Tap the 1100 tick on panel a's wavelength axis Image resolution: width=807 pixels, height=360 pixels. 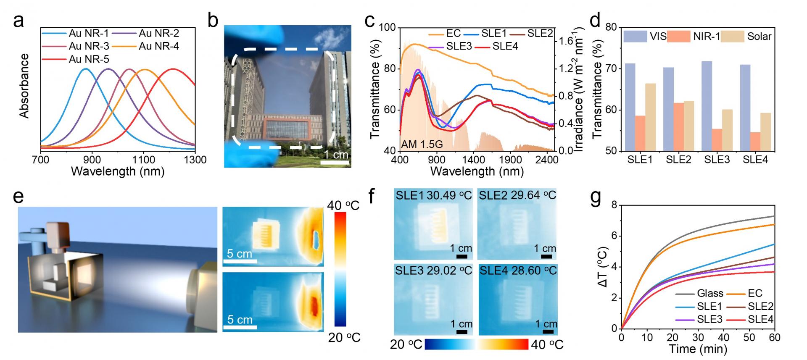tap(144, 160)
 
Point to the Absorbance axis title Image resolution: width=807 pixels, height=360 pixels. tap(24, 86)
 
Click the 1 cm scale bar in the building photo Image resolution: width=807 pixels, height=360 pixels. tap(337, 160)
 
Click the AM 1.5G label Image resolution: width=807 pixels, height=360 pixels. tap(422, 145)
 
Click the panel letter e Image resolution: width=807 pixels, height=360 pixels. tap(18, 197)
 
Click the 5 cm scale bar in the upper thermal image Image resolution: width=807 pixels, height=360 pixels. tap(240, 261)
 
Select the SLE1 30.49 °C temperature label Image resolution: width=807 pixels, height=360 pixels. tap(433, 195)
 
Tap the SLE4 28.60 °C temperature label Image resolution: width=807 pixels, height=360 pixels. tap(518, 271)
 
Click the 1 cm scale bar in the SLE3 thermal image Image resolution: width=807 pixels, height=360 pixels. tap(462, 332)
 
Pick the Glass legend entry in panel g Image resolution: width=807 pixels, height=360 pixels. tap(710, 293)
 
